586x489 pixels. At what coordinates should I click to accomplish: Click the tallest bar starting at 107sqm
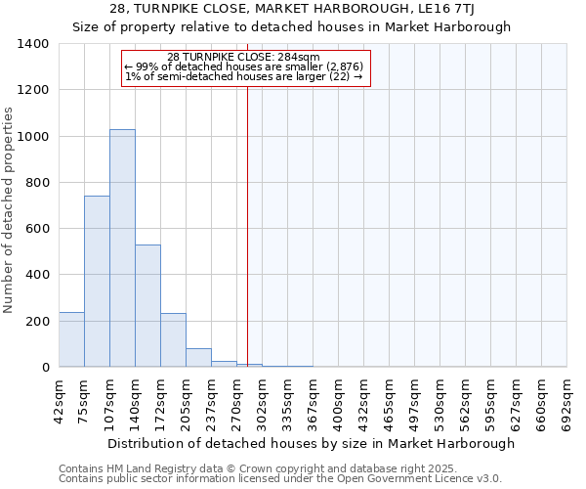122,248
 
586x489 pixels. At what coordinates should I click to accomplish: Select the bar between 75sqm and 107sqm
97,282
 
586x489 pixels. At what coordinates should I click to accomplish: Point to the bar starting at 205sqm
198,358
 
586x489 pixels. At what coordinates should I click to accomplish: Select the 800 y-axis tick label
37,183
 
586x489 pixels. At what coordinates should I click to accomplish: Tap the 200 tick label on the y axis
37,321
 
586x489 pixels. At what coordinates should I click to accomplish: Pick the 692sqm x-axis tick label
568,402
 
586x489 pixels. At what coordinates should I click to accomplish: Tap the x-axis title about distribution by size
312,443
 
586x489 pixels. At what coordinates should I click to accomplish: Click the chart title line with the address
292,9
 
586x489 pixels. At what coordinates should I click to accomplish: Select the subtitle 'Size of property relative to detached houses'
292,26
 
